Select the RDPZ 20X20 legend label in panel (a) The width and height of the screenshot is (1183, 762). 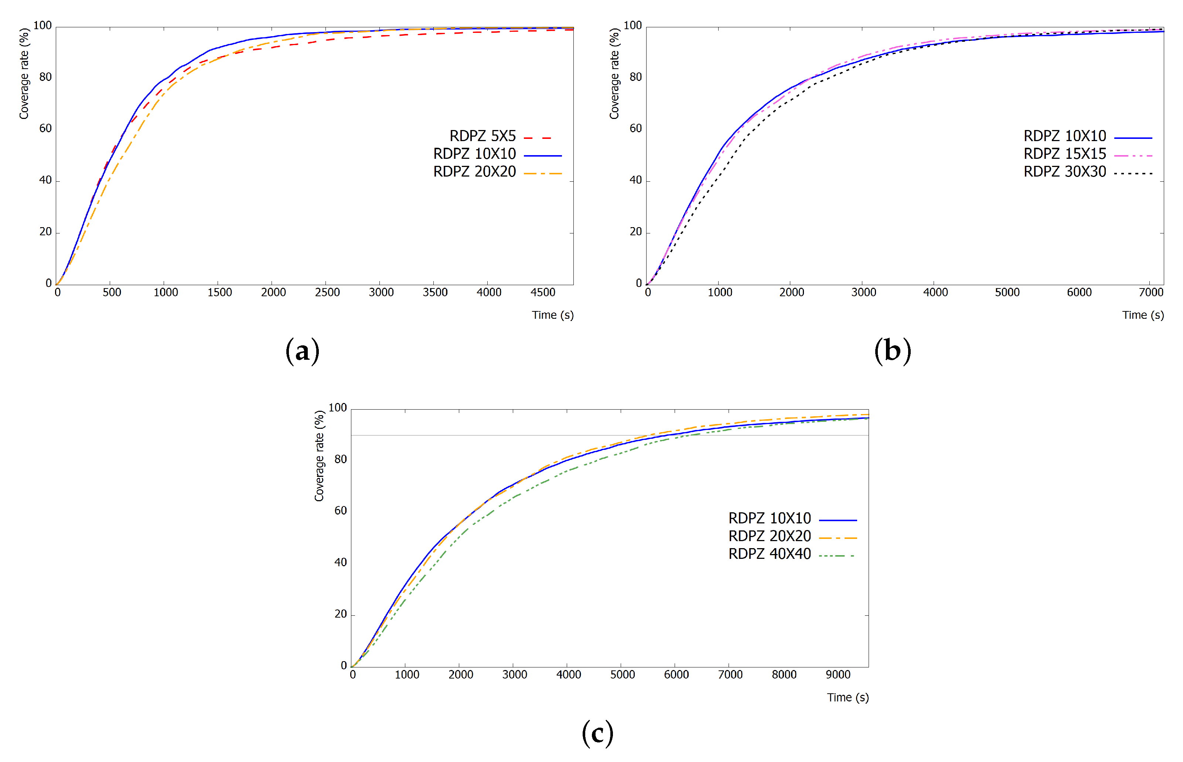pos(474,172)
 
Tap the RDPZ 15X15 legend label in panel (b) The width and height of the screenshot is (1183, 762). pos(1064,154)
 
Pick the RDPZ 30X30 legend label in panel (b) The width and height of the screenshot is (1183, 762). pos(1064,172)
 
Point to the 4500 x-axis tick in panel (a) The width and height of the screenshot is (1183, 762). pos(542,293)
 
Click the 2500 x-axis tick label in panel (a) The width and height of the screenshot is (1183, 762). pos(327,293)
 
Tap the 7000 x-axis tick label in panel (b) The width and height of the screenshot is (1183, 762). pos(1150,293)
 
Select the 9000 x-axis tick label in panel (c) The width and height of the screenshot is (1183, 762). pos(838,674)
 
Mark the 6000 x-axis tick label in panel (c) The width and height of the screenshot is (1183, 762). pos(676,674)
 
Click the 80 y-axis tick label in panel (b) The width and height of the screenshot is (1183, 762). pos(635,77)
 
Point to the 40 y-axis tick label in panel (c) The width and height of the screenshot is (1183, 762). pos(340,562)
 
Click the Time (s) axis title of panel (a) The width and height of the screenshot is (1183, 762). pos(552,315)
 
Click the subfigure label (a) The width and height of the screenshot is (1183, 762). pos(302,351)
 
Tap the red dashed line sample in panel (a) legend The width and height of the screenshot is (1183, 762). pos(537,138)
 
